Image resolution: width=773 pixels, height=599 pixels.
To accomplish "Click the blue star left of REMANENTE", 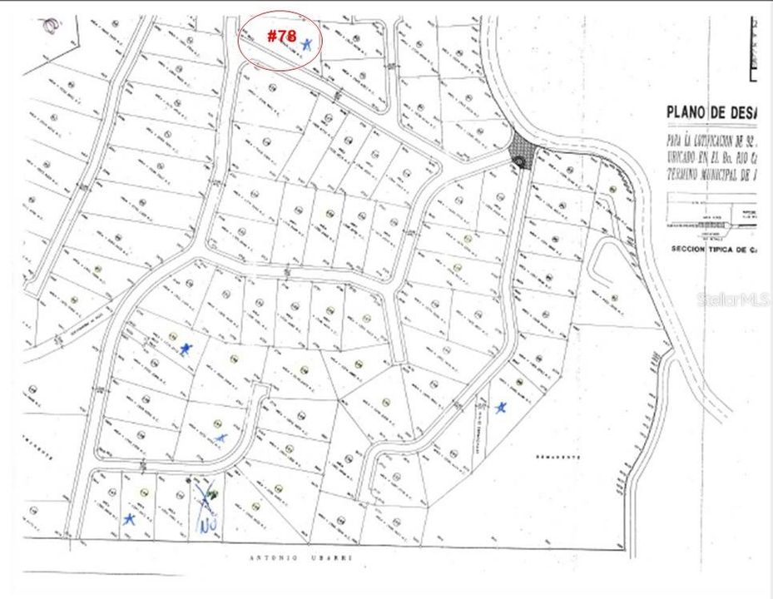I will coord(500,408).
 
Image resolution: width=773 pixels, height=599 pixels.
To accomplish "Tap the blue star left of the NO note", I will coord(128,519).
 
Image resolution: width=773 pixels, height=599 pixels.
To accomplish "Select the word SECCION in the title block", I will coord(694,249).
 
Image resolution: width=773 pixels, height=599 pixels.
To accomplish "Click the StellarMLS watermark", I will coord(733,299).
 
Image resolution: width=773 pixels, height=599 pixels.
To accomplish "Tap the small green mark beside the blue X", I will coord(214,496).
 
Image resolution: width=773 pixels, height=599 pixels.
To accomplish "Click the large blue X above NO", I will coord(206,498).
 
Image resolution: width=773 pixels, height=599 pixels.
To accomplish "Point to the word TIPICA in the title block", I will coord(733,249).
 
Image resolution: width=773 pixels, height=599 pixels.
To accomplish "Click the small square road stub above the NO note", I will coord(260,392).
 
